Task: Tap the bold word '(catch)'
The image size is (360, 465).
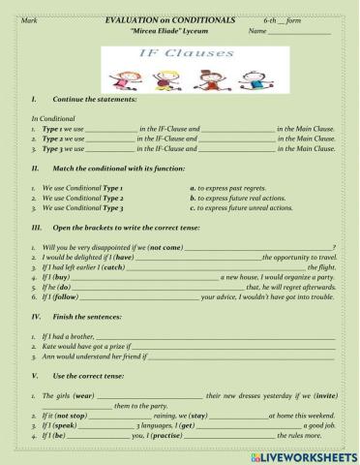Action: click(111, 266)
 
